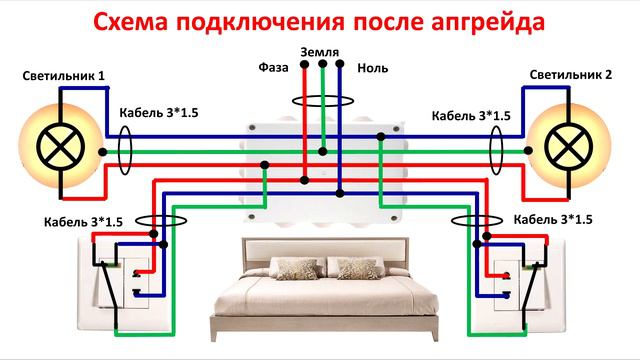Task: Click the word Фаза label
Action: coord(274,69)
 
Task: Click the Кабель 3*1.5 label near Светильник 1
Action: coord(158,113)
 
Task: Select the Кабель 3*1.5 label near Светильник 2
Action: coord(469,116)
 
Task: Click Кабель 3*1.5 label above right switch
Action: coord(552,219)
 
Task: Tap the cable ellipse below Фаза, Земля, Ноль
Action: coord(322,101)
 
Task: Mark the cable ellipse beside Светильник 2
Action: coord(494,152)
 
